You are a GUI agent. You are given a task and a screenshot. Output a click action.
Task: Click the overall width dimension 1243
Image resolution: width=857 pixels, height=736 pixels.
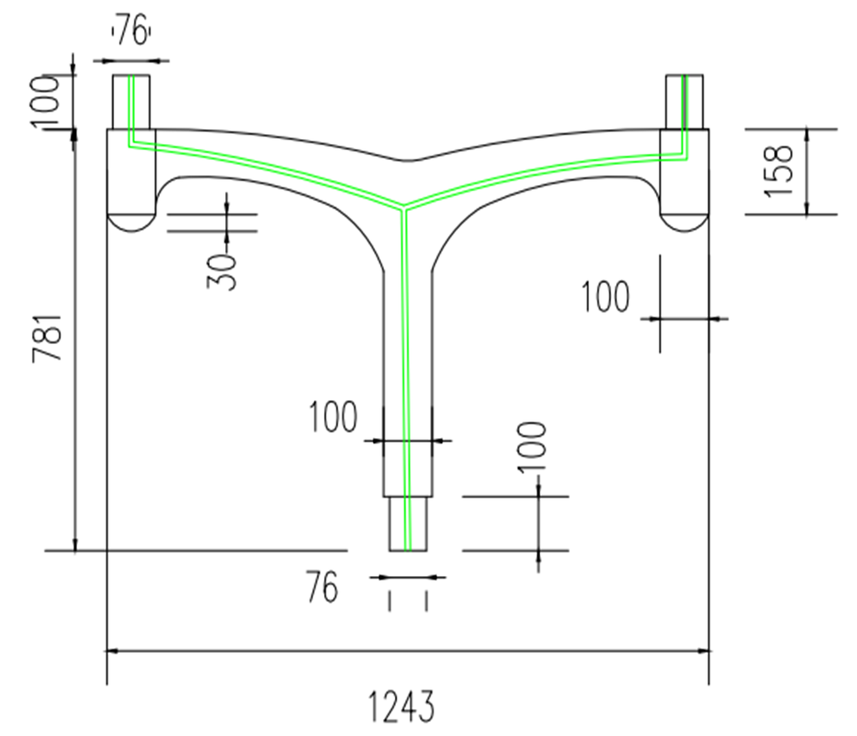402,708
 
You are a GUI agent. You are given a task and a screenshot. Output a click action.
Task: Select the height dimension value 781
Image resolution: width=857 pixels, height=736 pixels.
48,338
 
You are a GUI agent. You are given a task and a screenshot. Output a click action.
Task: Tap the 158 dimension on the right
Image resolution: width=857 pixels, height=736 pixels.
778,171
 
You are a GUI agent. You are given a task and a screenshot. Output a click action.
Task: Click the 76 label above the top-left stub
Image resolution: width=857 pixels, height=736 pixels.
131,33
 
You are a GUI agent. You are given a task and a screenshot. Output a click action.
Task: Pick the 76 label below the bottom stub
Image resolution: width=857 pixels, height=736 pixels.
322,588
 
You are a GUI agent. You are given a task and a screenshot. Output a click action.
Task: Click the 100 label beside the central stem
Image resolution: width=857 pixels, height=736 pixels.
332,417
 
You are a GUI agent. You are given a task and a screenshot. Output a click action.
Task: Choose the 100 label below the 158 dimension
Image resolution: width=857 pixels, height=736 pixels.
605,297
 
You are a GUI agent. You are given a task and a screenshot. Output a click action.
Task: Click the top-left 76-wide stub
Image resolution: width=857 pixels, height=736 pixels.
131,101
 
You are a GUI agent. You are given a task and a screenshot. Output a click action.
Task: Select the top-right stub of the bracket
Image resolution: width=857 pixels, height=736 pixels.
684,101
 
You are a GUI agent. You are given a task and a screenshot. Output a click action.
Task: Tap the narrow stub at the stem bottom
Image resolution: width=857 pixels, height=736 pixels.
408,523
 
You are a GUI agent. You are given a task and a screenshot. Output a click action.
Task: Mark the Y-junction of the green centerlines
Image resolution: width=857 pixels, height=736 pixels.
405,206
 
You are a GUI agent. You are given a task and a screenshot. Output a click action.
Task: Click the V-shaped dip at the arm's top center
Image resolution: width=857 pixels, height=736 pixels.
406,160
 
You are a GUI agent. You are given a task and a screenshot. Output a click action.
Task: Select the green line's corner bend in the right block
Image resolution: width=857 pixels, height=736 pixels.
685,156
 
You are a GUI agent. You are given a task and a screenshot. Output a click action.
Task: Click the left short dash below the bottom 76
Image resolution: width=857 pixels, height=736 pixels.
389,600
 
